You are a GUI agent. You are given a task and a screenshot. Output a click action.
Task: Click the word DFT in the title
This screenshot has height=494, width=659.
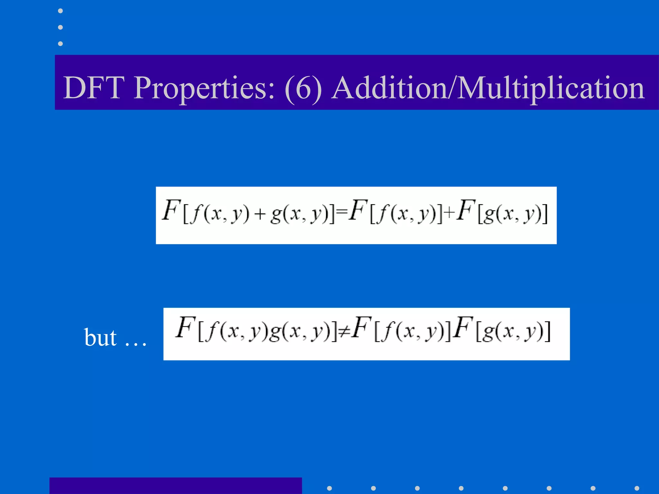coord(94,87)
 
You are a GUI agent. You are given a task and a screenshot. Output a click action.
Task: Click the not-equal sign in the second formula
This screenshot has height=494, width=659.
coord(344,331)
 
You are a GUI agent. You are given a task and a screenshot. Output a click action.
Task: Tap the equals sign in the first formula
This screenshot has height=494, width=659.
coord(342,211)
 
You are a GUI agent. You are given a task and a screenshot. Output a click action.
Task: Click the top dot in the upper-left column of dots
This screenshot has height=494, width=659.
coord(60,11)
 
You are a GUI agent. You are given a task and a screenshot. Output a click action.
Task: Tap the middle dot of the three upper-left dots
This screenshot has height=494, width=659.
coord(60,27)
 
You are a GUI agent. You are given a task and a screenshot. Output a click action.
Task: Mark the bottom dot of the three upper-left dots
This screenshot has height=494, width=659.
coord(60,43)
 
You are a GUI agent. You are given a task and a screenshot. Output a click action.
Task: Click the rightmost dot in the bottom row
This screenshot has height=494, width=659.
coord(637,488)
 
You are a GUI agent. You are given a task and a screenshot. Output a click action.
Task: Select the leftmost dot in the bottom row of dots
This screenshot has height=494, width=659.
coord(329,488)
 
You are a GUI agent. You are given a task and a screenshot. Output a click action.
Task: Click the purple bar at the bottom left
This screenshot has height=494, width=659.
coord(175,486)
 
